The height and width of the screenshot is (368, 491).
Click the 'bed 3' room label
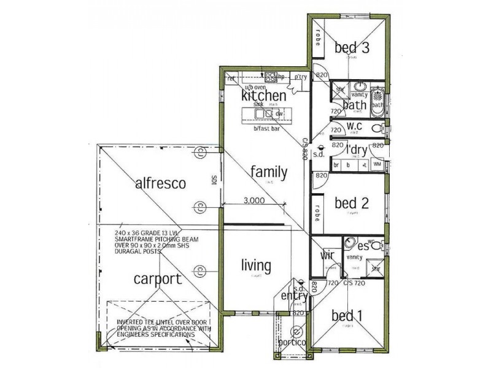tap(351, 47)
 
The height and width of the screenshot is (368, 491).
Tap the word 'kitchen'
tap(263, 96)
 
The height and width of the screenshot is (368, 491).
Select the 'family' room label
tap(269, 172)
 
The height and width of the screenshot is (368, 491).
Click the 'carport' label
tap(158, 280)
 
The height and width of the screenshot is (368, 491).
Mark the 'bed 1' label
tap(347, 316)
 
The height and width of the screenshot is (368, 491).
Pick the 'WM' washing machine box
tap(377, 165)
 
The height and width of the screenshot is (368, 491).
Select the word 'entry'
tap(293, 297)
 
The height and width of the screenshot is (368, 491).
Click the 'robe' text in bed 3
tap(319, 38)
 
